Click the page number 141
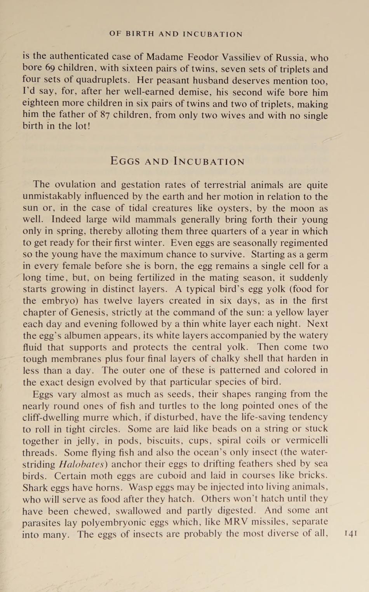351,533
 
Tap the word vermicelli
307,441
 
